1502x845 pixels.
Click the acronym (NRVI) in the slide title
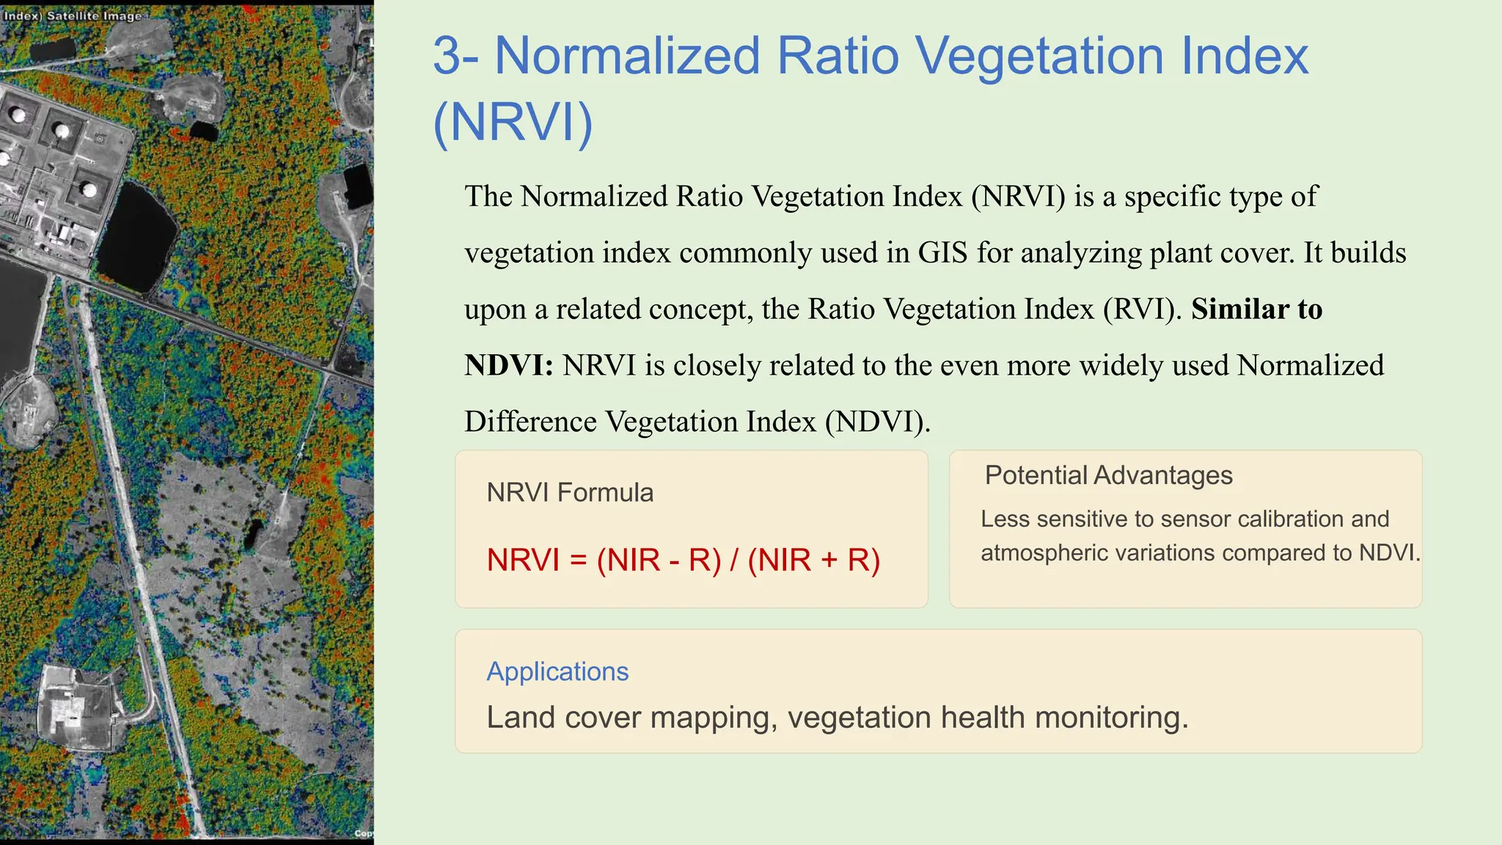click(513, 122)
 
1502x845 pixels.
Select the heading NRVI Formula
click(570, 492)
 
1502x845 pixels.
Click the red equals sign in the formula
click(578, 560)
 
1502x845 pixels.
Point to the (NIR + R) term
click(813, 560)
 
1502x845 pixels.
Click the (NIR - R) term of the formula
click(659, 560)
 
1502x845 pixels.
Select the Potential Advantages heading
click(1108, 475)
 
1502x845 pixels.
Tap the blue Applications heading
click(557, 671)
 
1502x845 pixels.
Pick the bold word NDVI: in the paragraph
click(509, 365)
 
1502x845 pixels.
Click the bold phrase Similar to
click(1256, 309)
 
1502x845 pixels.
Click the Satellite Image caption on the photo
click(94, 15)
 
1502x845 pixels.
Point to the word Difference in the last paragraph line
click(530, 422)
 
